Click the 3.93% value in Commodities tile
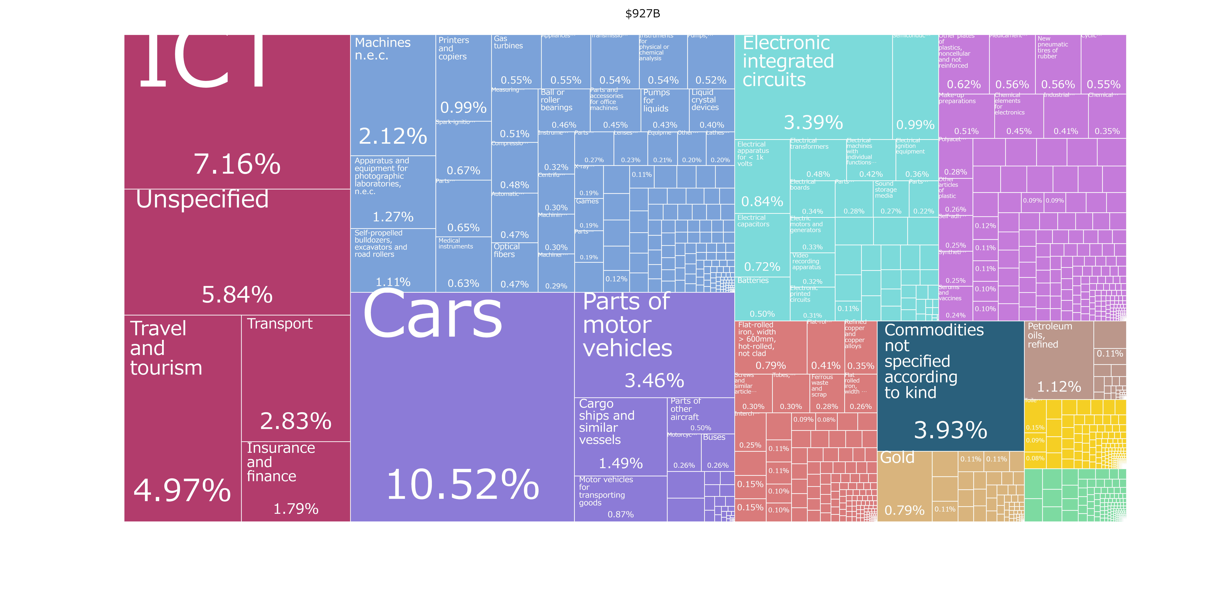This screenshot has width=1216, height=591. click(x=950, y=430)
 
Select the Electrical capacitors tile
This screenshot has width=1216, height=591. click(x=762, y=246)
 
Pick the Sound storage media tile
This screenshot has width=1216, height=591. click(x=890, y=198)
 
